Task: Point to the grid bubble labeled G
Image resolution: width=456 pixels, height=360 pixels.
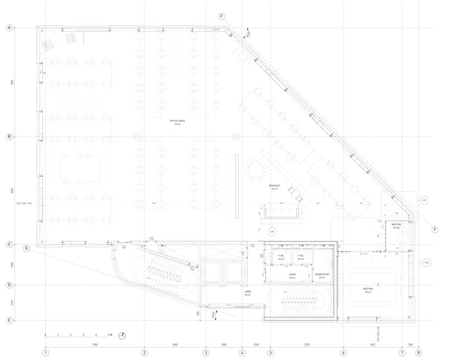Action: [x=26, y=248]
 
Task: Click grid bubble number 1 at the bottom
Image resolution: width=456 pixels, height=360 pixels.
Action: [x=46, y=352]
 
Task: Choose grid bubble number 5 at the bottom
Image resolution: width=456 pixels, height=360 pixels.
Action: [x=270, y=352]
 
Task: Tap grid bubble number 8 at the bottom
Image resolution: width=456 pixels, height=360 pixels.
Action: [x=419, y=352]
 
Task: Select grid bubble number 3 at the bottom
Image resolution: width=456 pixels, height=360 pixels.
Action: [x=206, y=352]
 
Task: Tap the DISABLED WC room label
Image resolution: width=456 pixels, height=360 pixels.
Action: [x=322, y=274]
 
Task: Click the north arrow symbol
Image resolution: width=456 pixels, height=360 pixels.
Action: [x=122, y=335]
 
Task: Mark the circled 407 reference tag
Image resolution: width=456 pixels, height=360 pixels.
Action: [x=273, y=231]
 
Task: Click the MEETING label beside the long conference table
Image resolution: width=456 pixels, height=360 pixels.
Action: [x=367, y=289]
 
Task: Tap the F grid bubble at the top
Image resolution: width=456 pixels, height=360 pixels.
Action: [x=222, y=16]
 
